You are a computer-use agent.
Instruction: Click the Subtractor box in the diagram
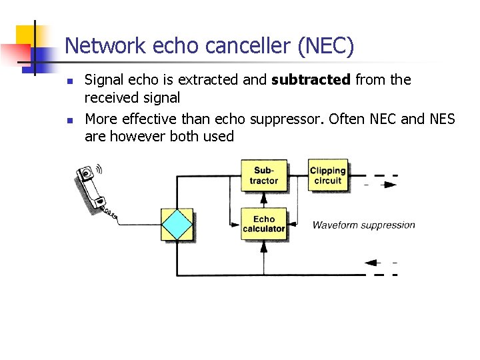263,176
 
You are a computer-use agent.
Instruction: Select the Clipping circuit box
327,176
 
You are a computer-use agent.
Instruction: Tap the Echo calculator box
263,224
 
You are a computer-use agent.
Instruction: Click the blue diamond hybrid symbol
177,225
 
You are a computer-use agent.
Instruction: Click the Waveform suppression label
363,225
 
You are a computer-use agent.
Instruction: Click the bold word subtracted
311,80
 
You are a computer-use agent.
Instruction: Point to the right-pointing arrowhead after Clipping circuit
391,184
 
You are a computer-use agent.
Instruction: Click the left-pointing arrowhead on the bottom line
371,263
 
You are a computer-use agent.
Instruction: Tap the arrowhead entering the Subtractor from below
263,197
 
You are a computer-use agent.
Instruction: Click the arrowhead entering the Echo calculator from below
263,245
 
